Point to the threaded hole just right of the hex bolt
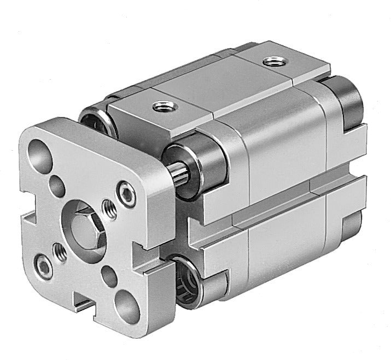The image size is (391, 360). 110,210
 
